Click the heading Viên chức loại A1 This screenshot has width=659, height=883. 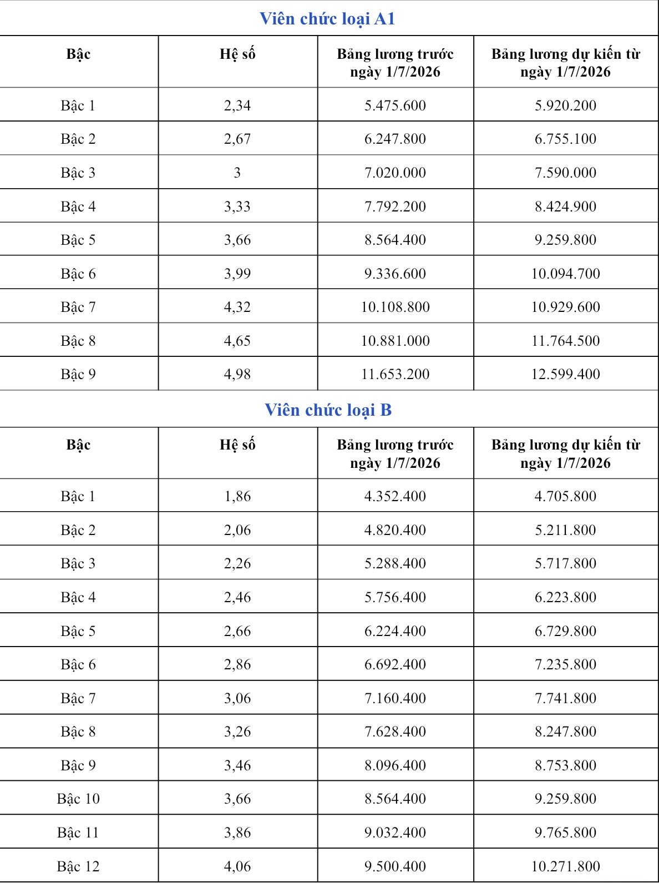(327, 19)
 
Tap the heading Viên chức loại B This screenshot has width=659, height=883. (328, 410)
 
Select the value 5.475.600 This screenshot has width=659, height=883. (395, 105)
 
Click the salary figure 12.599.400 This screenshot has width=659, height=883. (565, 374)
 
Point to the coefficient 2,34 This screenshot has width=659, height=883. (237, 105)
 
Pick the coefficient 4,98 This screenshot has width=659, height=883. (237, 374)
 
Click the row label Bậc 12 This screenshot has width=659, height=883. (78, 866)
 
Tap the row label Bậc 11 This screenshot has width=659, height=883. (78, 832)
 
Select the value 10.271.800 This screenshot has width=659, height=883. (565, 866)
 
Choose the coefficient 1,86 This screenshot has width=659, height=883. (237, 496)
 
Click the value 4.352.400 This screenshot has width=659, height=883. (395, 496)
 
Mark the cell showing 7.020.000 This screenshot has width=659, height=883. (395, 173)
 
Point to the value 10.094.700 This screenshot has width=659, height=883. (565, 274)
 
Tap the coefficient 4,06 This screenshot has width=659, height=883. (237, 866)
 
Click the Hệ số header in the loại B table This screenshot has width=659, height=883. (237, 445)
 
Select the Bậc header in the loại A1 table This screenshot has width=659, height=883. (78, 54)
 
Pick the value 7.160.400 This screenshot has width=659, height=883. (395, 698)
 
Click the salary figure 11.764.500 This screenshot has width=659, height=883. (565, 341)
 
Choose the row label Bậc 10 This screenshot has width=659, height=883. (78, 799)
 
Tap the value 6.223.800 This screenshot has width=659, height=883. (565, 597)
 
